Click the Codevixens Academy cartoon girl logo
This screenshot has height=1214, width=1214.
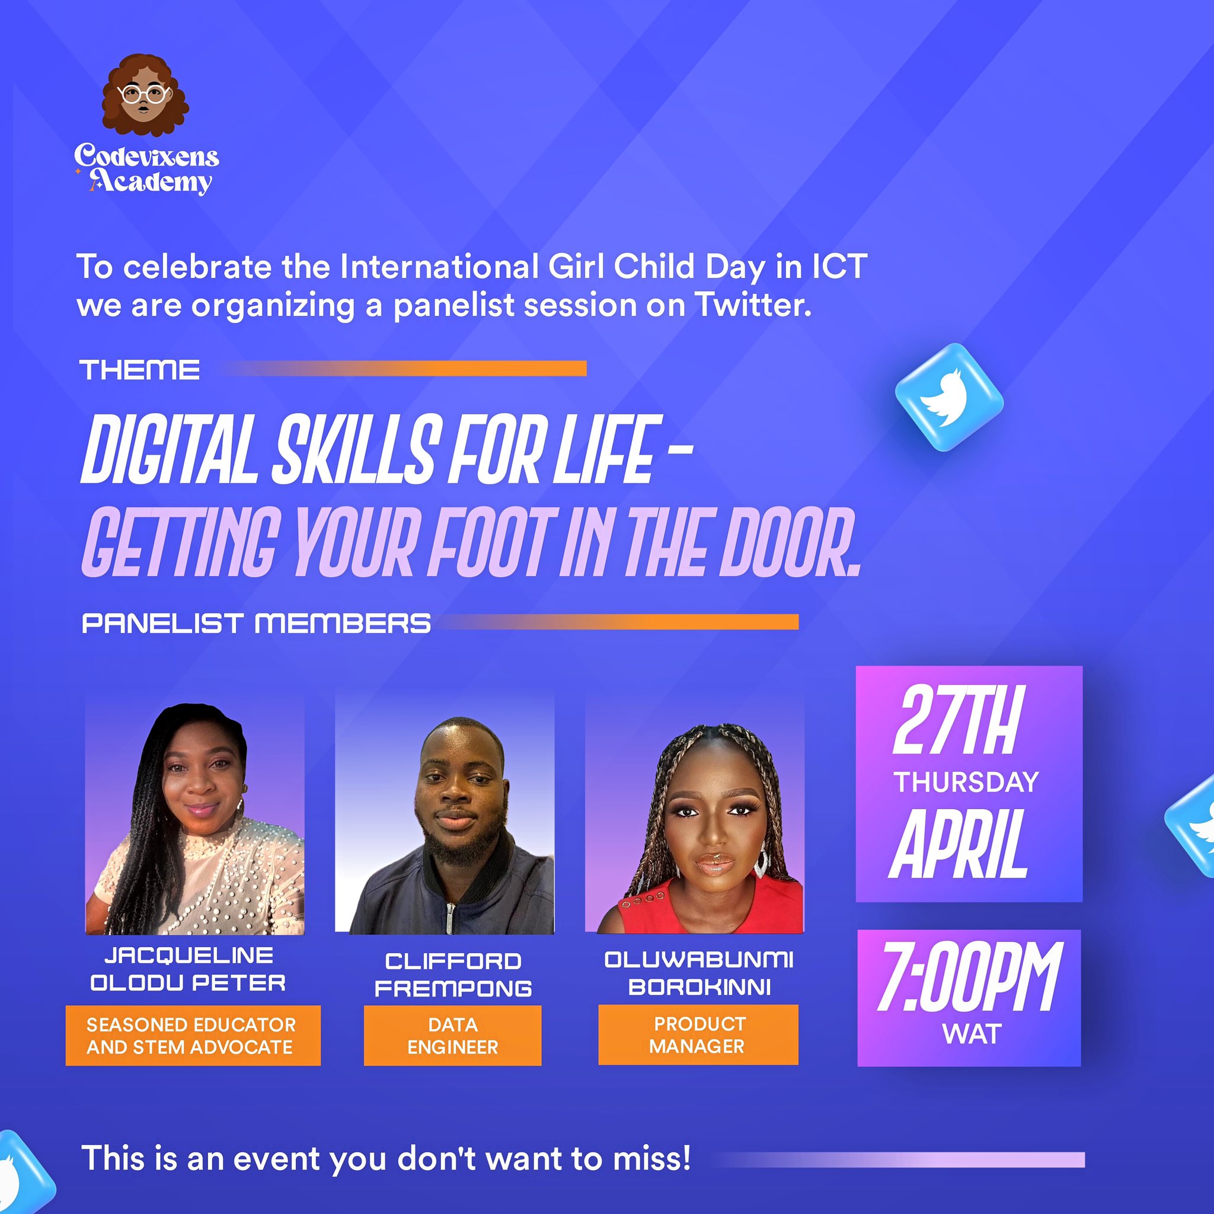(x=145, y=95)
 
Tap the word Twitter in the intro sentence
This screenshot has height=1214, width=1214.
(x=753, y=305)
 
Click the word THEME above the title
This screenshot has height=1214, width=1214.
(x=139, y=370)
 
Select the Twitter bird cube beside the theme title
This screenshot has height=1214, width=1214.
(x=949, y=397)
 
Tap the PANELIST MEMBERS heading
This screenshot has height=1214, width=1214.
(x=256, y=624)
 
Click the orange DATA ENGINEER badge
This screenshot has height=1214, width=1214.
(x=452, y=1036)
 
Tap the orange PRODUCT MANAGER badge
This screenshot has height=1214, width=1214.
(x=698, y=1035)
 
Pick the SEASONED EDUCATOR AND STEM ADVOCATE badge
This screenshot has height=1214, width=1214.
(x=193, y=1036)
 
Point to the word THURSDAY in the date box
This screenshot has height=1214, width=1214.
(x=966, y=782)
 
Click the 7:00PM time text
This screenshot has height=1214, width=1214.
(x=969, y=977)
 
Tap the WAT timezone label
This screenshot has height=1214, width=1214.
(x=971, y=1034)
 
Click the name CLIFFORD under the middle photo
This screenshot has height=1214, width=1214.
(x=453, y=961)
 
